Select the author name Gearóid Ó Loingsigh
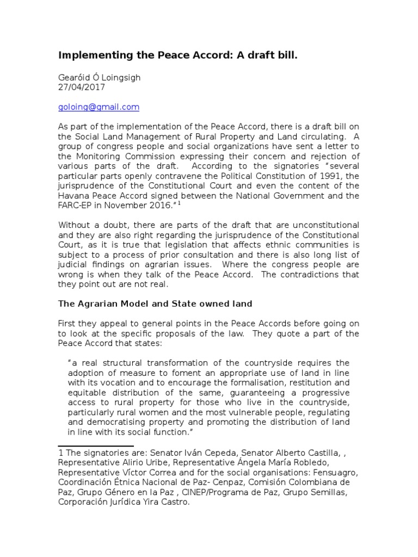[99, 77]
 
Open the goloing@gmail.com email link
[99, 107]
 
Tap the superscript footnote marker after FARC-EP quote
[194, 203]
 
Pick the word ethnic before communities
[285, 245]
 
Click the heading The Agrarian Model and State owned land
[155, 304]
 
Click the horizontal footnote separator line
[96, 446]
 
